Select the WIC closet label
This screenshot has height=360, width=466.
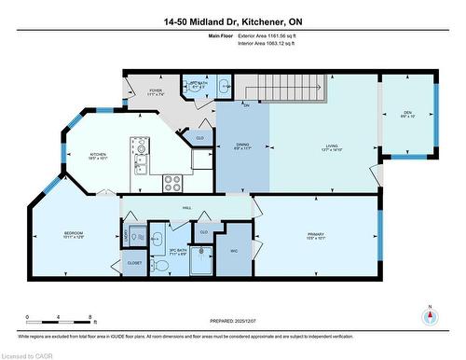tap(233, 251)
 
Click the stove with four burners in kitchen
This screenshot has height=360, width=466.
tap(172, 181)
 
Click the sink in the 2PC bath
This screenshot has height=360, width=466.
tap(223, 87)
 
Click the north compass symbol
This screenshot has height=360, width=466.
tap(429, 314)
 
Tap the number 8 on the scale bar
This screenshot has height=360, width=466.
tap(89, 317)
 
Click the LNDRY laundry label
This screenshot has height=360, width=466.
tap(124, 241)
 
